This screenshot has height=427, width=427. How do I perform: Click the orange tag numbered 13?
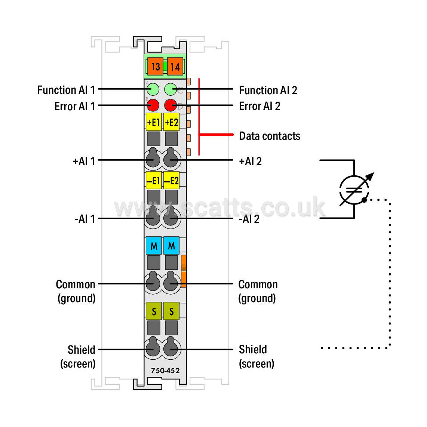pyautogui.click(x=155, y=67)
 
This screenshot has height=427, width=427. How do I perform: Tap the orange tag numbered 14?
pyautogui.click(x=175, y=67)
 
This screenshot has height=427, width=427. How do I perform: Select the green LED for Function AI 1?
pyautogui.click(x=153, y=89)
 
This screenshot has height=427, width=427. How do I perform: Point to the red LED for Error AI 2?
pyautogui.click(x=171, y=105)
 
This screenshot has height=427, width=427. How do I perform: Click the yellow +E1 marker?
pyautogui.click(x=154, y=122)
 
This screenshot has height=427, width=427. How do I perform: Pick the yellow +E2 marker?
pyautogui.click(x=172, y=122)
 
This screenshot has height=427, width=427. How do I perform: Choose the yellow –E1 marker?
pyautogui.click(x=154, y=180)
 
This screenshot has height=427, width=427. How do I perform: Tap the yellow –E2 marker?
pyautogui.click(x=172, y=180)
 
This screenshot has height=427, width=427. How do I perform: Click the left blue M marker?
pyautogui.click(x=154, y=245)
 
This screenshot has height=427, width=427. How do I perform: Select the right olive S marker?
pyautogui.click(x=172, y=311)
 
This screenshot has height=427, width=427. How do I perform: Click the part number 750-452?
pyautogui.click(x=165, y=371)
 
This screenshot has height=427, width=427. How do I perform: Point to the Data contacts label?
pyautogui.click(x=270, y=136)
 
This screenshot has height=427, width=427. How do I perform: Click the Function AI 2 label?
pyautogui.click(x=268, y=90)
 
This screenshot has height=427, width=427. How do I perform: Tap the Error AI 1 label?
pyautogui.click(x=75, y=106)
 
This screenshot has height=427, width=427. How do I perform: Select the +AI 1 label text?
pyautogui.click(x=84, y=162)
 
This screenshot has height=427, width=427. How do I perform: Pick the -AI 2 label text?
pyautogui.click(x=249, y=219)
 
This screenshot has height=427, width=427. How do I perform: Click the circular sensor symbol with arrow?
pyautogui.click(x=354, y=189)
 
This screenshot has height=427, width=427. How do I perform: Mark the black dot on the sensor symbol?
pyautogui.click(x=364, y=200)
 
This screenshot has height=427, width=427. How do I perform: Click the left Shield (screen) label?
pyautogui.click(x=78, y=357)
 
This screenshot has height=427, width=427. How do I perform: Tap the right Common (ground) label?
pyautogui.click(x=258, y=291)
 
